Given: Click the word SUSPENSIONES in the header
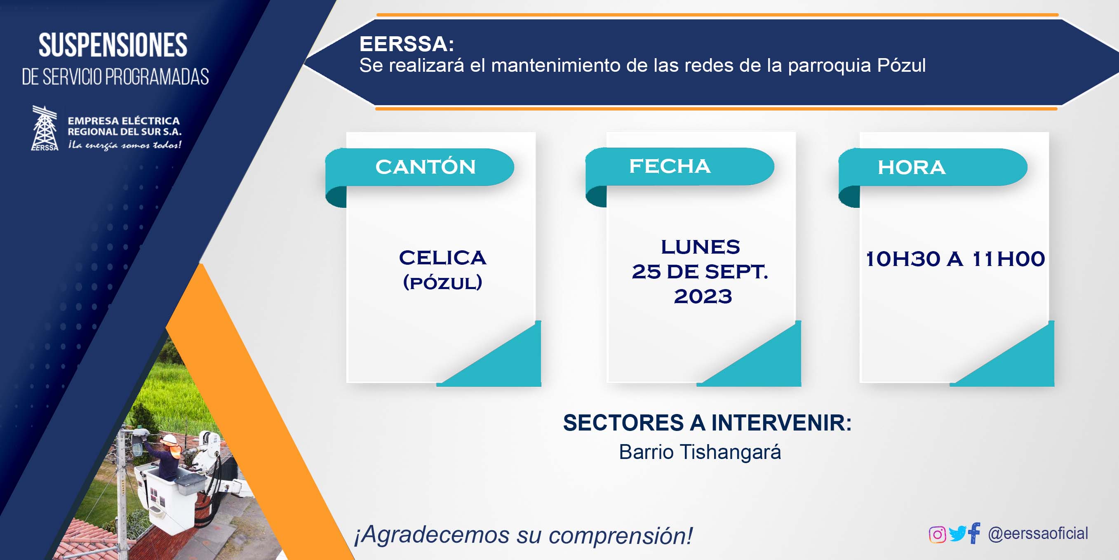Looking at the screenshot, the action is click(113, 45).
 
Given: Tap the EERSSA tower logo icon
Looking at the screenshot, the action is click(45, 128).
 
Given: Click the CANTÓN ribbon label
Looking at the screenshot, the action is click(425, 167).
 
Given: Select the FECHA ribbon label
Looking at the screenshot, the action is click(670, 166).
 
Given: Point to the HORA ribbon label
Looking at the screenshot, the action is click(911, 167).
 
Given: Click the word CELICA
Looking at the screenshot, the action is click(443, 258).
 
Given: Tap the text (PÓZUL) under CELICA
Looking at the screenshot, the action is click(443, 282).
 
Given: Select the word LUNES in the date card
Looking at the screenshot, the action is click(700, 247).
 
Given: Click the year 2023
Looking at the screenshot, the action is click(703, 296).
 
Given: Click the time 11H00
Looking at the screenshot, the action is click(1008, 259).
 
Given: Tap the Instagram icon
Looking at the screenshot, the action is click(937, 534).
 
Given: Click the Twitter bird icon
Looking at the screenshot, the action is click(957, 534).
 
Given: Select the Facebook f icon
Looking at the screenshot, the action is click(974, 533).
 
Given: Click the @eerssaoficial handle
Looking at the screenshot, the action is click(1038, 534).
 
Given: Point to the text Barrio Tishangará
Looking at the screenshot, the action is click(700, 452).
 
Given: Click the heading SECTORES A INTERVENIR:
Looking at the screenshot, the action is click(707, 423).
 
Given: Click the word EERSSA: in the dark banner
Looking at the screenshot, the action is click(407, 44).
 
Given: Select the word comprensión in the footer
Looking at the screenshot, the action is click(621, 536).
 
